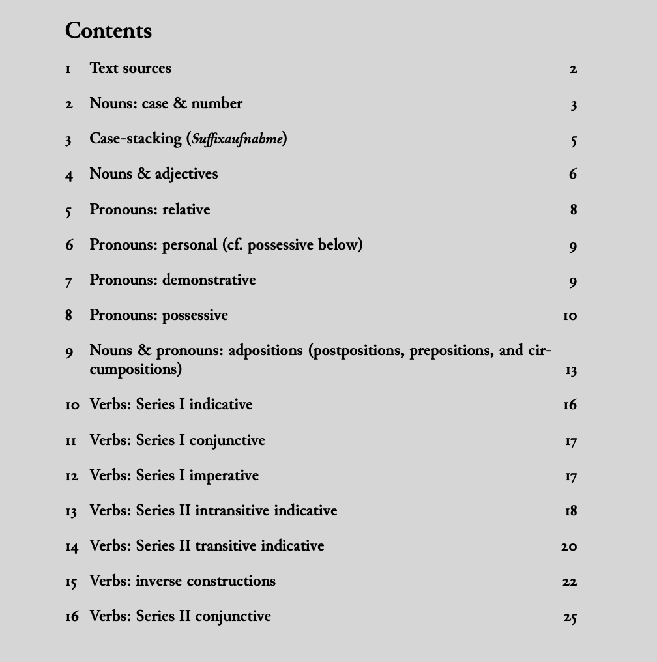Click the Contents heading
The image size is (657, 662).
coord(108,31)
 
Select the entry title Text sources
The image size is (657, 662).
coord(130,68)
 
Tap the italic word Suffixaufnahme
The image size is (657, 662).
coord(237,139)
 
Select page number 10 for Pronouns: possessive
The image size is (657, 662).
coord(570,316)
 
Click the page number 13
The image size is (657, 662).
coord(571,371)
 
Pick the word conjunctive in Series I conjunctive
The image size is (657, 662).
coord(227,441)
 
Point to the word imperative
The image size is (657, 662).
coord(224,476)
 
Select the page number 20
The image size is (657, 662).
coord(569,547)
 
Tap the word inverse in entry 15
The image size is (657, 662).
coord(160,581)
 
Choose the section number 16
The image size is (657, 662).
coord(72,616)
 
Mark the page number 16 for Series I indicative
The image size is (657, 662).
coord(570,405)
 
